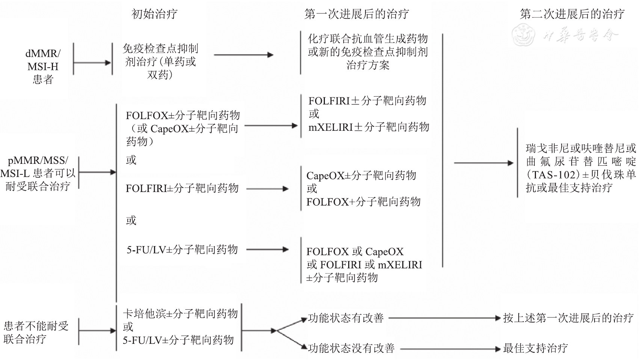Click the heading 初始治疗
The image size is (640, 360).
point(154,14)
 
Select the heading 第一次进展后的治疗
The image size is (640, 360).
point(356,14)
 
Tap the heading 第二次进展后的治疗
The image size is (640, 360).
point(572,14)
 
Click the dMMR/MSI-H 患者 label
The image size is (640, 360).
point(43,67)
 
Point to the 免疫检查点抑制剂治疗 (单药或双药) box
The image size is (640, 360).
point(160,62)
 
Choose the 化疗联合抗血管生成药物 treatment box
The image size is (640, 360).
point(368,52)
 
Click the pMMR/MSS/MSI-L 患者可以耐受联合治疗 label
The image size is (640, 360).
point(38,173)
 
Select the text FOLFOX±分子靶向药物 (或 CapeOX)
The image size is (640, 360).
point(182,128)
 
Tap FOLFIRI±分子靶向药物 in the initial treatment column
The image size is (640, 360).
point(182,188)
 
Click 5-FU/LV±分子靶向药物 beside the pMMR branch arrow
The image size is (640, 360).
point(182,250)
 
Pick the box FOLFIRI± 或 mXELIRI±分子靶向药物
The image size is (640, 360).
point(368,114)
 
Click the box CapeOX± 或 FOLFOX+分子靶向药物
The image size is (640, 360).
point(363,189)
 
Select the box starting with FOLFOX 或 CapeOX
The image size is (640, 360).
point(364,265)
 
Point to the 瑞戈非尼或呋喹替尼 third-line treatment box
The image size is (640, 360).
point(581,168)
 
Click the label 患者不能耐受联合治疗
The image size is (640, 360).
point(36,332)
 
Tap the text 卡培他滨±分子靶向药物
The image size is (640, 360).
point(180,314)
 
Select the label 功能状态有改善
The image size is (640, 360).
point(346,318)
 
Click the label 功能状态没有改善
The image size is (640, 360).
point(351,348)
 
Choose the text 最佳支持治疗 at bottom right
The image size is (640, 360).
point(535,348)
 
